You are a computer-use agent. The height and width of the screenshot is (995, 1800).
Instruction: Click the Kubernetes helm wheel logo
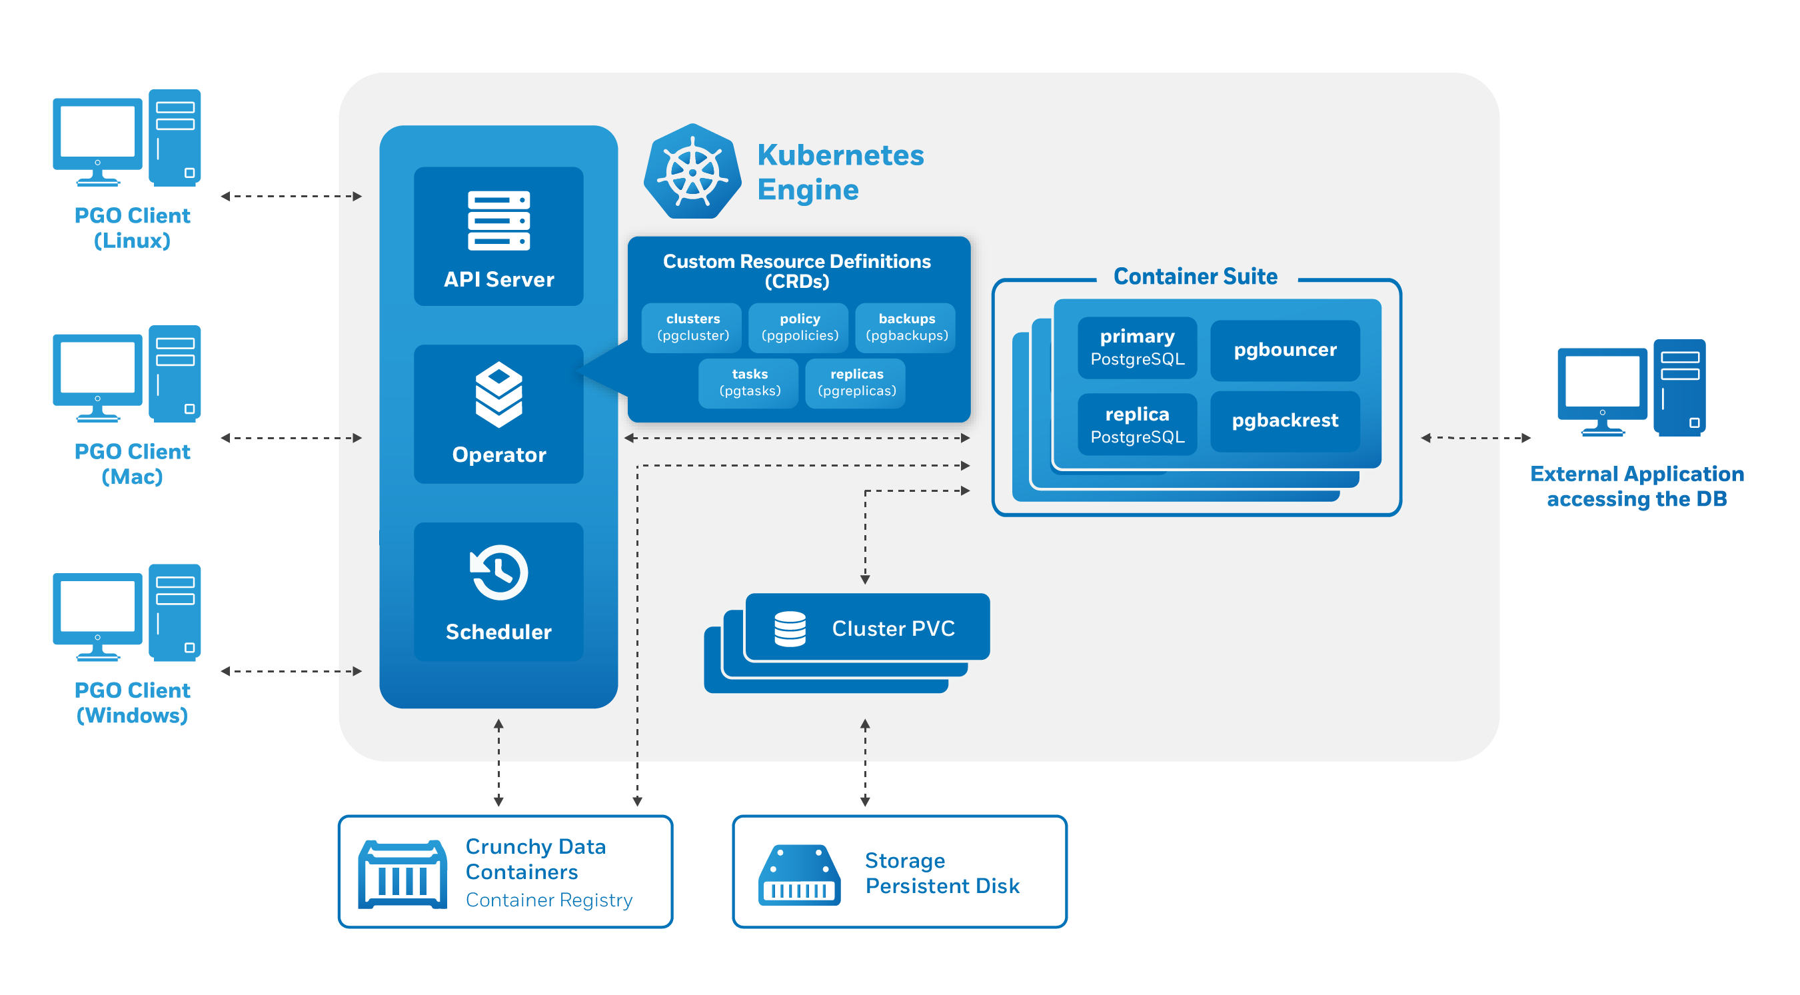click(x=692, y=172)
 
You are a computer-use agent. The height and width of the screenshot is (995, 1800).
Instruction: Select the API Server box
click(x=498, y=236)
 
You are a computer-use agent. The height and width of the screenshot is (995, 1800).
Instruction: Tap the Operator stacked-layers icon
click(x=498, y=394)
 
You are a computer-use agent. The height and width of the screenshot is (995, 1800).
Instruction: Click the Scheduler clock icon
click(x=498, y=572)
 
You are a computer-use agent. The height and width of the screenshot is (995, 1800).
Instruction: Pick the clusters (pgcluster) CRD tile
click(x=692, y=327)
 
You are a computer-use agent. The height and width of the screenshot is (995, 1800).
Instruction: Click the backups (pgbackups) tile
click(x=906, y=327)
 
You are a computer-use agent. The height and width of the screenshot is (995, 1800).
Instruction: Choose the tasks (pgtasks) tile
click(x=749, y=383)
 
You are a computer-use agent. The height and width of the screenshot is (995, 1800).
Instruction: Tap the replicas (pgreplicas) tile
click(x=856, y=383)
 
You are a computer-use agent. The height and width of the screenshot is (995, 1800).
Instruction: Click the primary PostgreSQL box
click(x=1137, y=347)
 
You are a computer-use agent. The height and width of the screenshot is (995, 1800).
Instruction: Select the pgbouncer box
click(x=1284, y=350)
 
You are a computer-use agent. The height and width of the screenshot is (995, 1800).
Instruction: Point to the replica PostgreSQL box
click(x=1137, y=425)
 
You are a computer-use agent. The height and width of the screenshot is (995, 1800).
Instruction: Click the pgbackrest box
click(x=1284, y=421)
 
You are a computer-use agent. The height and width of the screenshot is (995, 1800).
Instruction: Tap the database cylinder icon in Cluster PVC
click(x=790, y=628)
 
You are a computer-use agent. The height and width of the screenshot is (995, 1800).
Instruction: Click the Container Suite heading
click(x=1195, y=277)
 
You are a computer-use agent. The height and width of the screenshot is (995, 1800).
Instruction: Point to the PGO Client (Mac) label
click(x=132, y=463)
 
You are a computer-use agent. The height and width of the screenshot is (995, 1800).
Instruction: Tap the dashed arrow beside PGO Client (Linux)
click(x=291, y=197)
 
